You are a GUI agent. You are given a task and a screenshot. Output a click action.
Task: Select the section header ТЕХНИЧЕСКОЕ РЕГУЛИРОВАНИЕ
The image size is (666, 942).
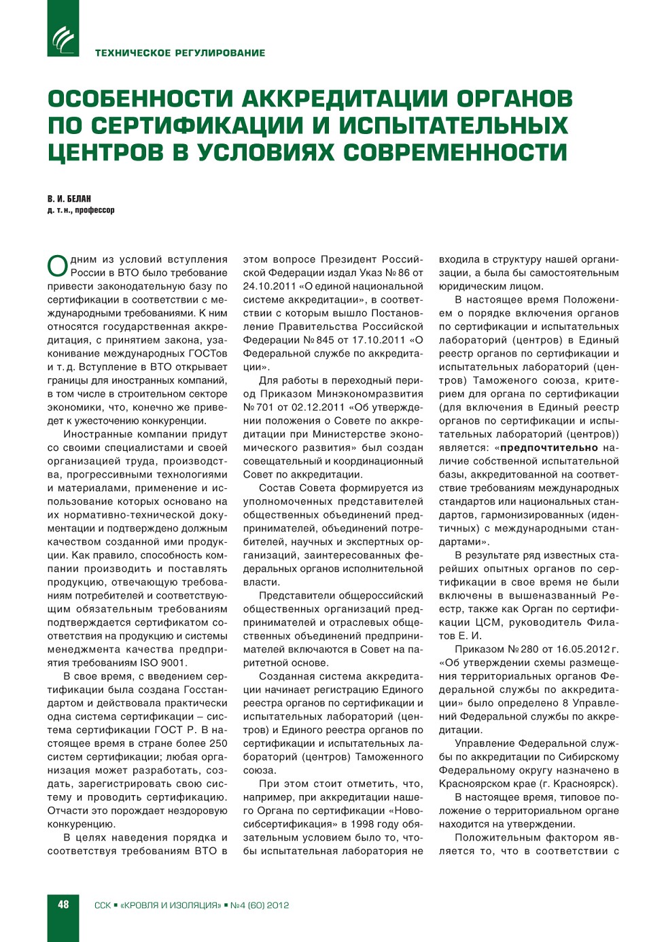tap(180, 53)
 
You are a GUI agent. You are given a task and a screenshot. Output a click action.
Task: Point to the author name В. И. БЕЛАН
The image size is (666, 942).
tap(69, 199)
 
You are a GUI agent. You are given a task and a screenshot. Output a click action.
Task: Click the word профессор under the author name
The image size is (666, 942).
tap(94, 210)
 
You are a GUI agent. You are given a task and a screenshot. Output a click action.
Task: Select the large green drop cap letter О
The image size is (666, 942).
tap(58, 266)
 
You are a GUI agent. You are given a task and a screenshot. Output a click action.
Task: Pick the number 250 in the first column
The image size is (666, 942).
tap(218, 743)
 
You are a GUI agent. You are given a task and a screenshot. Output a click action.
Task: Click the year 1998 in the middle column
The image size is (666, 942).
tap(363, 824)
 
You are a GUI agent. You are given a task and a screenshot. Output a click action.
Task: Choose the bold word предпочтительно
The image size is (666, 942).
tap(549, 448)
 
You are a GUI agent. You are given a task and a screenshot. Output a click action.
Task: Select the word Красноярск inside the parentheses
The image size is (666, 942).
tap(586, 784)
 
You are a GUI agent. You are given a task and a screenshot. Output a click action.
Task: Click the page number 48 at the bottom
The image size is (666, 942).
tap(63, 905)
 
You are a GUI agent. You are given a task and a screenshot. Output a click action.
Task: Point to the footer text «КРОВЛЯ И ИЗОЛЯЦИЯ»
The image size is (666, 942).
tap(171, 905)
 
